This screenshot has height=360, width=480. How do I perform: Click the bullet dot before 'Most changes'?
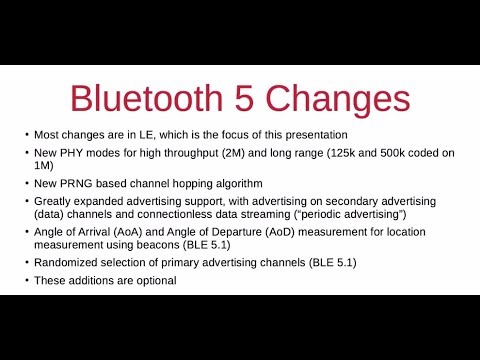coord(27,134)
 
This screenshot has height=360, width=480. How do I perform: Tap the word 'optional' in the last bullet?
coord(149,280)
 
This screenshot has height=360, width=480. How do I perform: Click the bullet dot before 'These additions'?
coord(27,281)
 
